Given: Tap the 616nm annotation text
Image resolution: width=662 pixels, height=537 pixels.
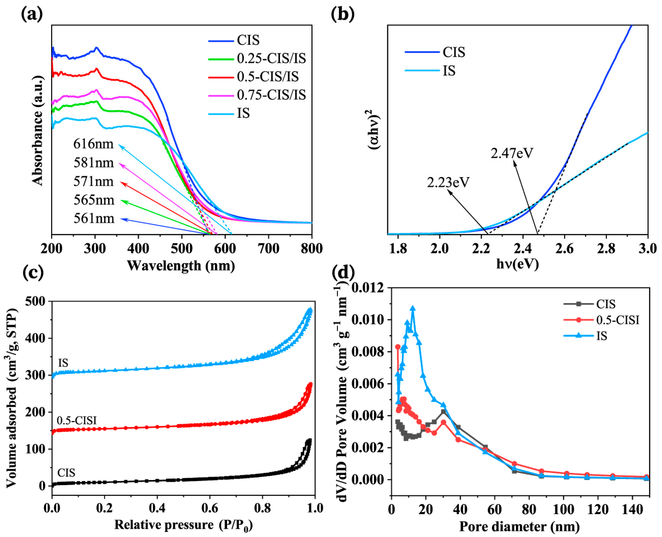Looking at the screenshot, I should pos(93,144).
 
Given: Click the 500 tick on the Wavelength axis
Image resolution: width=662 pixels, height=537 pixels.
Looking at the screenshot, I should pos(182,248).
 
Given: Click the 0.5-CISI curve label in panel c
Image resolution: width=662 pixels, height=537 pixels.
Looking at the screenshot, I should pos(77,420).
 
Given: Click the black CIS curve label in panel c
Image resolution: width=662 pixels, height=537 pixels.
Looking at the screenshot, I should pos(66,473).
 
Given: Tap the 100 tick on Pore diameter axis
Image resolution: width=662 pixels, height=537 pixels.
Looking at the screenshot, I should pos(563,509).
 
